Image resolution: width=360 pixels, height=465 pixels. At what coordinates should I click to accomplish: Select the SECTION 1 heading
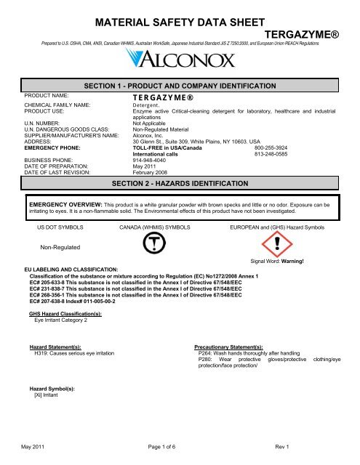[180, 86]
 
